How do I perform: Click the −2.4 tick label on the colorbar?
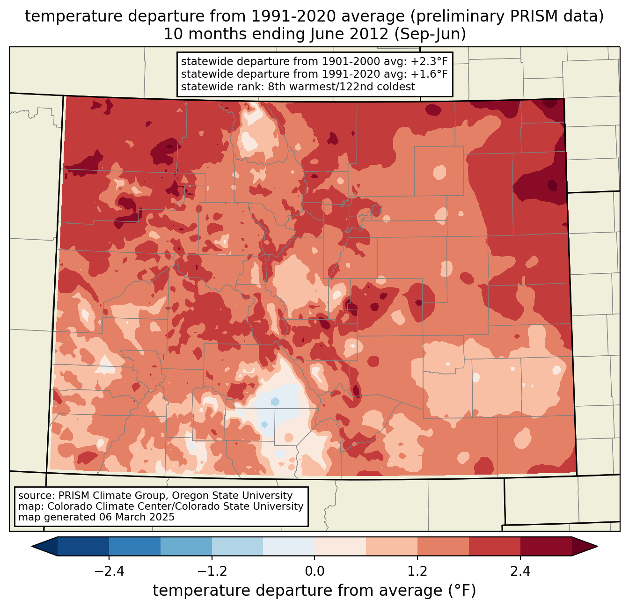click(x=109, y=571)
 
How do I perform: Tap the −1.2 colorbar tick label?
click(x=212, y=571)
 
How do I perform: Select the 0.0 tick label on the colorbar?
click(x=314, y=571)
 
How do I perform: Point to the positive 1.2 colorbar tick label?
click(x=417, y=571)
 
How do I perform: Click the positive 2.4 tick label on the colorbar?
click(x=520, y=571)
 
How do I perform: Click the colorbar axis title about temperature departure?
click(x=314, y=591)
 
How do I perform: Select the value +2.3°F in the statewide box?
click(x=429, y=62)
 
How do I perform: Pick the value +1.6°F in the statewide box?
click(x=429, y=74)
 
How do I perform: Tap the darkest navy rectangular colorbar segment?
click(x=83, y=546)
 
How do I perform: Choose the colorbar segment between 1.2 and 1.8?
click(x=443, y=546)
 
